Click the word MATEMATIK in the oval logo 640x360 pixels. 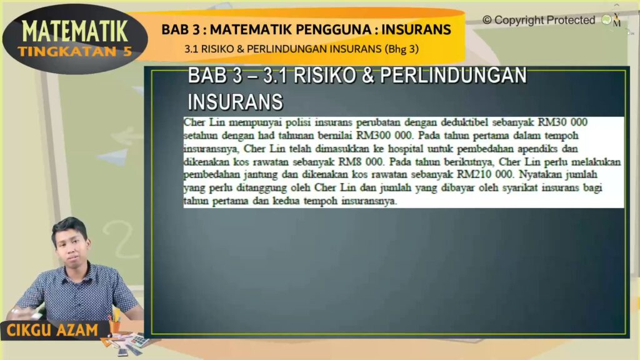click(75, 31)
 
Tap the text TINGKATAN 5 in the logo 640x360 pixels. click(75, 51)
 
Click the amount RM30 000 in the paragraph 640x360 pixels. click(562, 122)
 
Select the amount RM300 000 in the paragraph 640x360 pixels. click(384, 135)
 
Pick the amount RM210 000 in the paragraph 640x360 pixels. click(484, 174)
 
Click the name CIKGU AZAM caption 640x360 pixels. click(52, 330)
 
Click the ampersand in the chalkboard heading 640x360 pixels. click(367, 76)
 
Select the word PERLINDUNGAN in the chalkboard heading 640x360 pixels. click(454, 76)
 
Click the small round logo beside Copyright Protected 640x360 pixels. click(606, 19)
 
